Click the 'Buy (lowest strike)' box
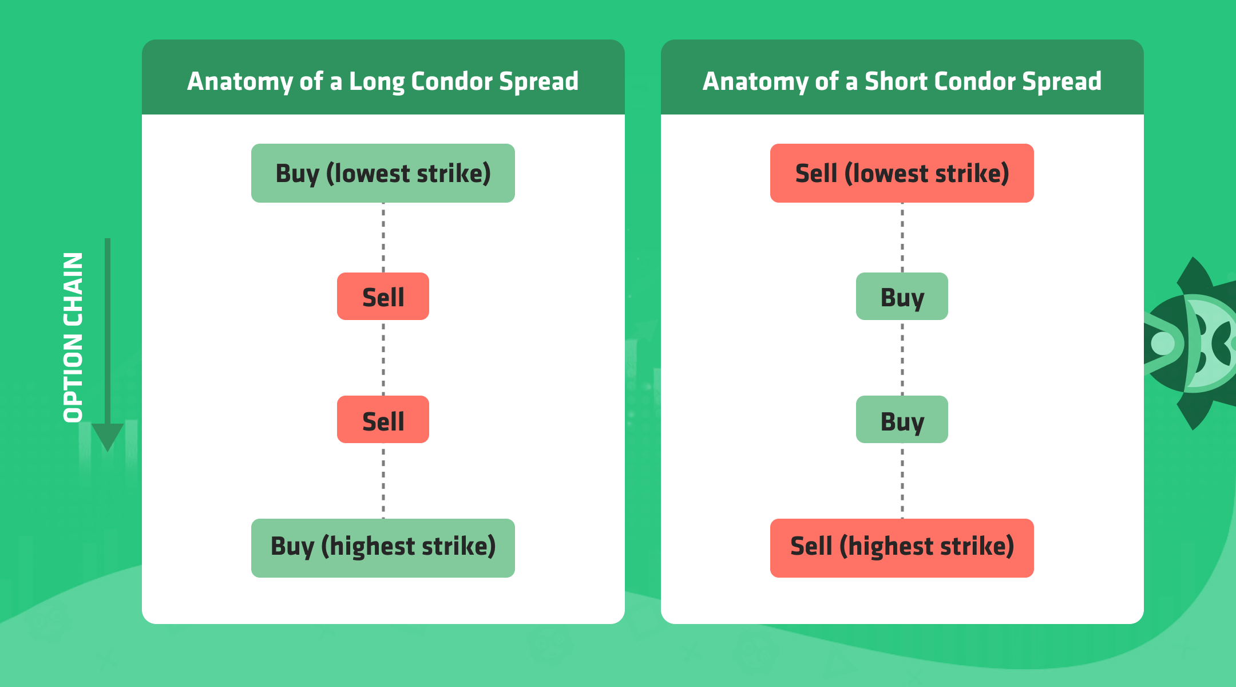pos(383,173)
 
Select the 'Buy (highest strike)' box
pos(383,548)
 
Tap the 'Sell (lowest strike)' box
pos(902,173)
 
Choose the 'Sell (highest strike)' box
pos(902,548)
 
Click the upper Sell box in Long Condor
pos(383,296)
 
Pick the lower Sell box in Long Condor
pos(383,419)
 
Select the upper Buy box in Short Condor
pos(902,296)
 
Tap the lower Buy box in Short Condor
pos(902,419)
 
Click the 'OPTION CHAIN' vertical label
pos(73,337)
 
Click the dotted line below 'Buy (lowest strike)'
pos(383,238)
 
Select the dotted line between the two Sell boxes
pos(383,358)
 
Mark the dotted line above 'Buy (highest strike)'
pos(383,481)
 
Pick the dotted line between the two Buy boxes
pos(902,358)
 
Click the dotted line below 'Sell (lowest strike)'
pos(902,238)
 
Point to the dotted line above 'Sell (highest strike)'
pos(902,481)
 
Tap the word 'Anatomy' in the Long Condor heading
pos(240,82)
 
